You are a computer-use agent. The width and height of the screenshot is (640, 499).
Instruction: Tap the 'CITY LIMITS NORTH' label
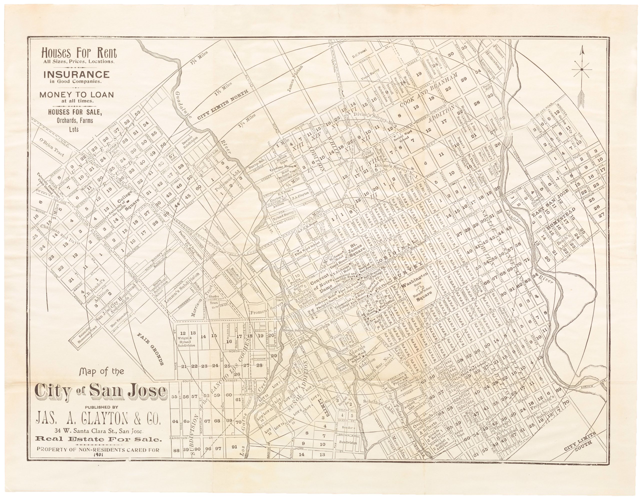click(x=222, y=104)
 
